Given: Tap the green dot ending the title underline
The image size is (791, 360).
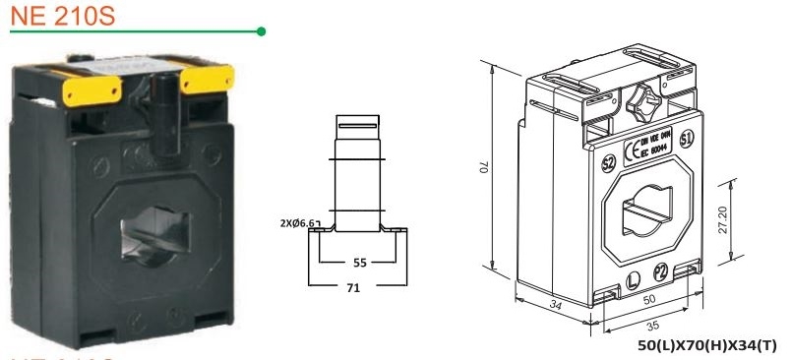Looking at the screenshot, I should (x=261, y=31).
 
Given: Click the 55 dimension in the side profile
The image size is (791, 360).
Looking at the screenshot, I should (x=360, y=265).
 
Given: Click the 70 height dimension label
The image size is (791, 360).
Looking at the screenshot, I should (x=485, y=168).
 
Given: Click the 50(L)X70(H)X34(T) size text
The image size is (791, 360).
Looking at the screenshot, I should (x=707, y=346).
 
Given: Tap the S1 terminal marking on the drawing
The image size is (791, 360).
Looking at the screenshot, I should (x=686, y=135).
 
